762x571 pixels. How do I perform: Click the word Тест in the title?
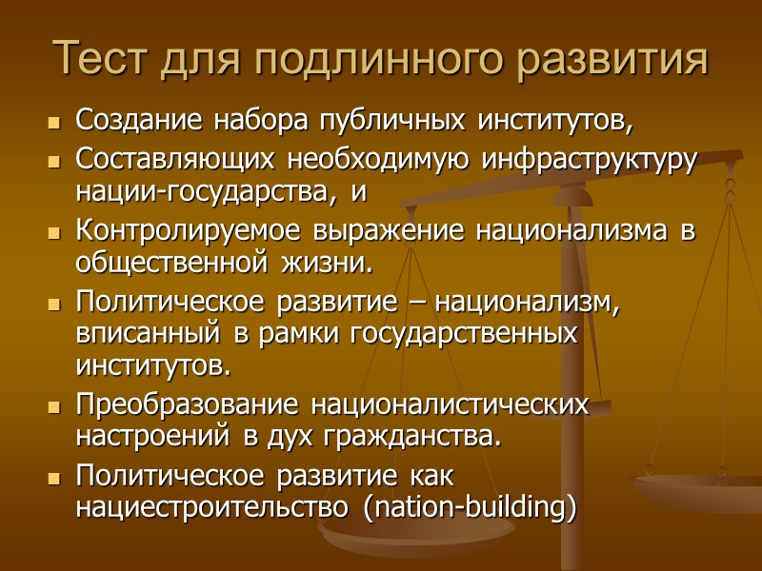pyautogui.click(x=101, y=60)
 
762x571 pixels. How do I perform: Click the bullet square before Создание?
pyautogui.click(x=52, y=124)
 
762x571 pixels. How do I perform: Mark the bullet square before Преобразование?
pyautogui.click(x=52, y=406)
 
